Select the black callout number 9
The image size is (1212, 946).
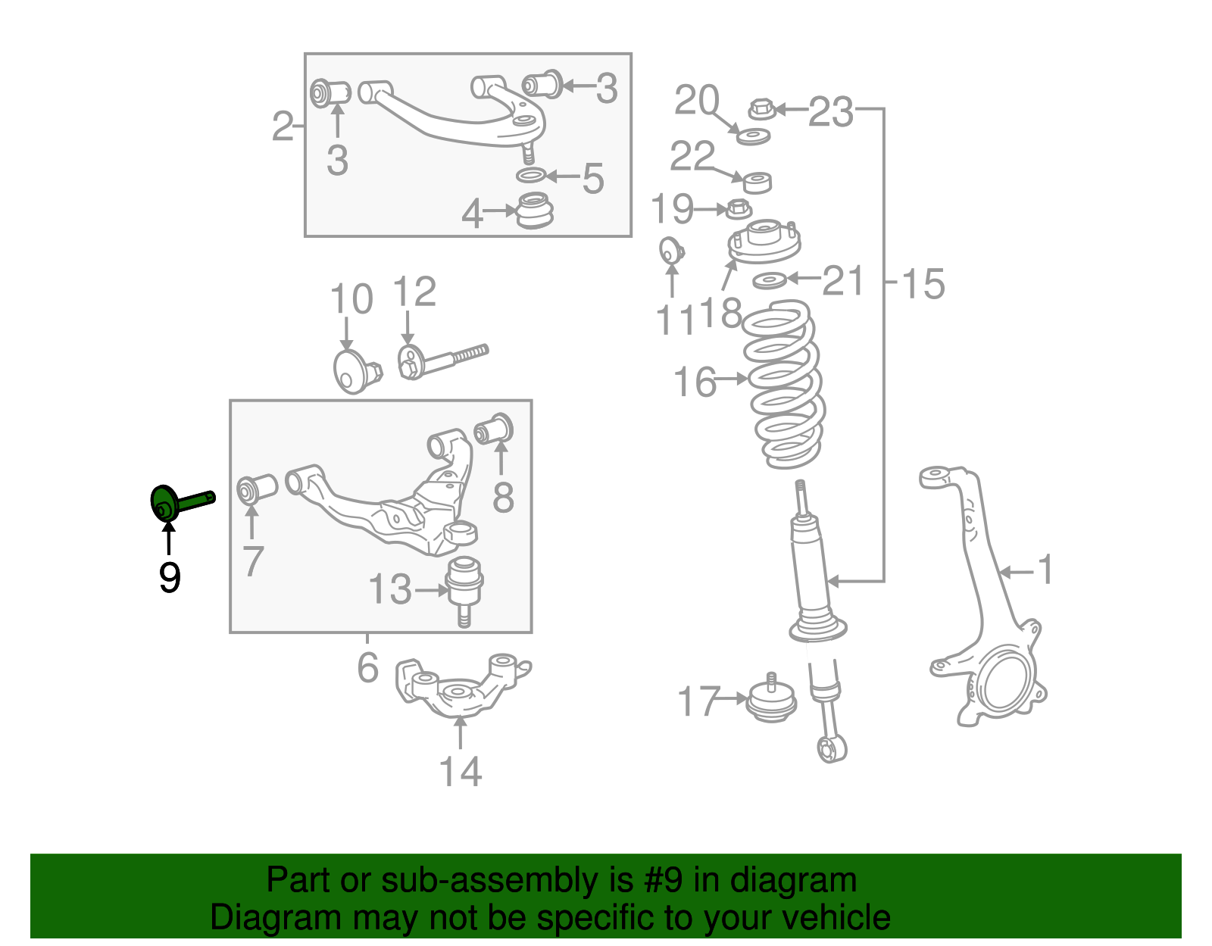170,578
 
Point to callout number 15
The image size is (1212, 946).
923,284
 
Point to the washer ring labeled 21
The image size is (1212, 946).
770,281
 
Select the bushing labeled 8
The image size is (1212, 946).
495,429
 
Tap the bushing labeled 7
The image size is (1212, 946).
257,489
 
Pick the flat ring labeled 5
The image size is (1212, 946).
531,176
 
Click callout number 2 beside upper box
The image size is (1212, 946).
282,126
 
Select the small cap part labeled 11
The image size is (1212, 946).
670,251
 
